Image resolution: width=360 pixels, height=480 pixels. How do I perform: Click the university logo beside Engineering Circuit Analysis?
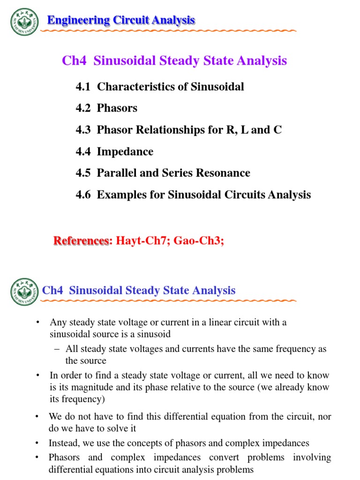[x=24, y=21]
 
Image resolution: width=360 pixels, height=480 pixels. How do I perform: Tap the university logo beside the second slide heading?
[x=24, y=291]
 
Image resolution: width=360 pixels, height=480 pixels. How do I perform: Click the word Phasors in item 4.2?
[x=117, y=108]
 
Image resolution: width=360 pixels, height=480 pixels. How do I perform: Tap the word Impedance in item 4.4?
[x=125, y=151]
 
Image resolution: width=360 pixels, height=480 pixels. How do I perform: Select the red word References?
[x=81, y=241]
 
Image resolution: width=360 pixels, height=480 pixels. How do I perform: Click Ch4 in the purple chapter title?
[x=75, y=61]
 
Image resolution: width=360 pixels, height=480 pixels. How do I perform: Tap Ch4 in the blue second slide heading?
[x=52, y=290]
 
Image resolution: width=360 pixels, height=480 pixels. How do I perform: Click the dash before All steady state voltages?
[x=58, y=349]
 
